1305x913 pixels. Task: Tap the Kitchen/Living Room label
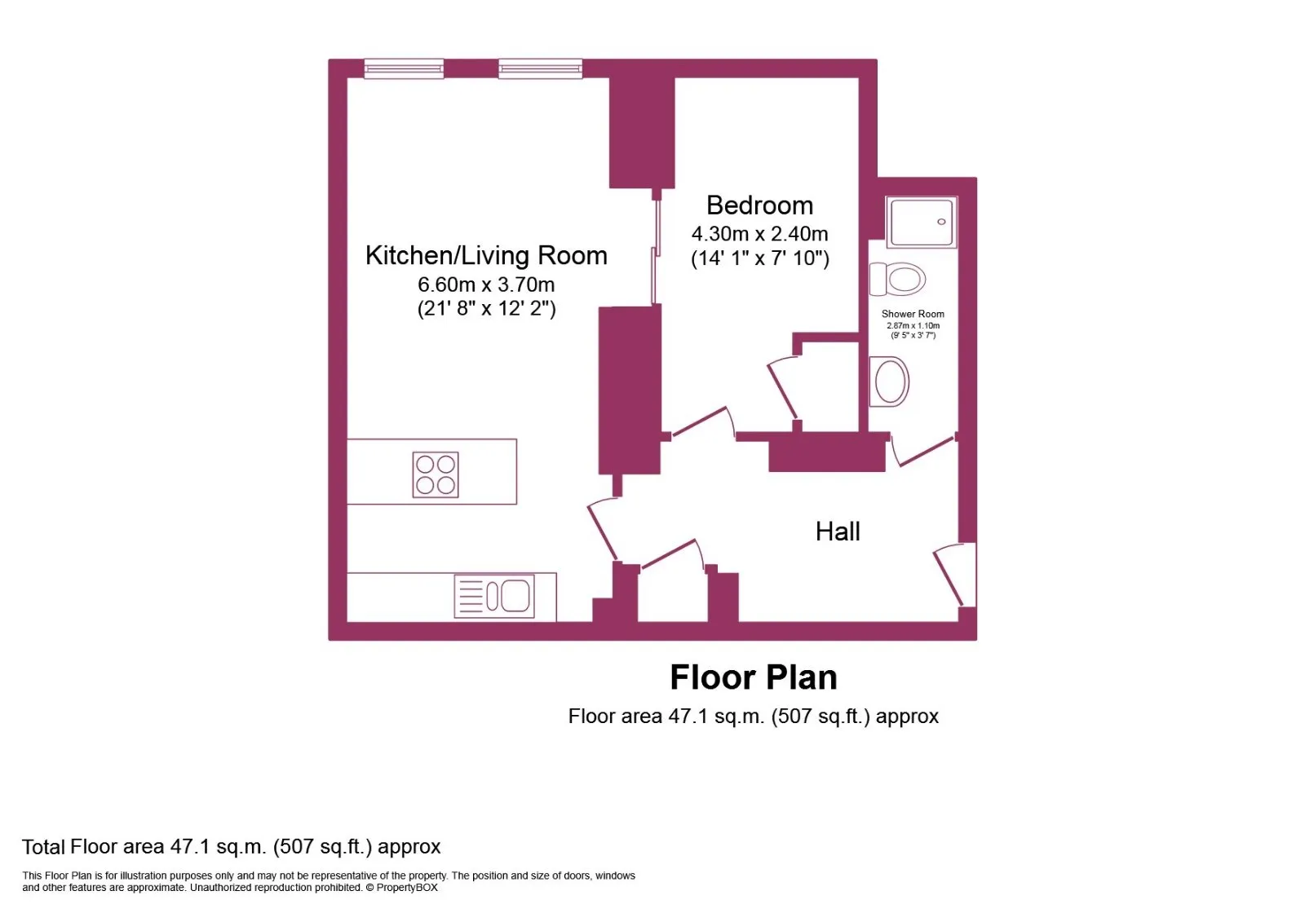(x=486, y=256)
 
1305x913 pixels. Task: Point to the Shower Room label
(x=913, y=314)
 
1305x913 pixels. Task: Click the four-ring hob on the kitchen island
(x=436, y=474)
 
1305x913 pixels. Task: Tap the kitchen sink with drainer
(x=494, y=596)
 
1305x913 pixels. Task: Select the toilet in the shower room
(x=897, y=279)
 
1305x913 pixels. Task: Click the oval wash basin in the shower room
(x=889, y=382)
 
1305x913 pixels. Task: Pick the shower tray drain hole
(x=941, y=222)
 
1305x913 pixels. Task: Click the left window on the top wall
(x=404, y=69)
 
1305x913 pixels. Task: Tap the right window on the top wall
(x=540, y=69)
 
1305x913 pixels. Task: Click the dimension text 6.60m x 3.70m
(x=486, y=284)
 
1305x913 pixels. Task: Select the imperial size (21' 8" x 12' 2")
(x=486, y=308)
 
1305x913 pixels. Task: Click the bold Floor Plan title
(x=754, y=677)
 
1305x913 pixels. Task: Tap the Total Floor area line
(x=232, y=847)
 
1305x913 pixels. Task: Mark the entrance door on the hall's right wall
(x=949, y=576)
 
